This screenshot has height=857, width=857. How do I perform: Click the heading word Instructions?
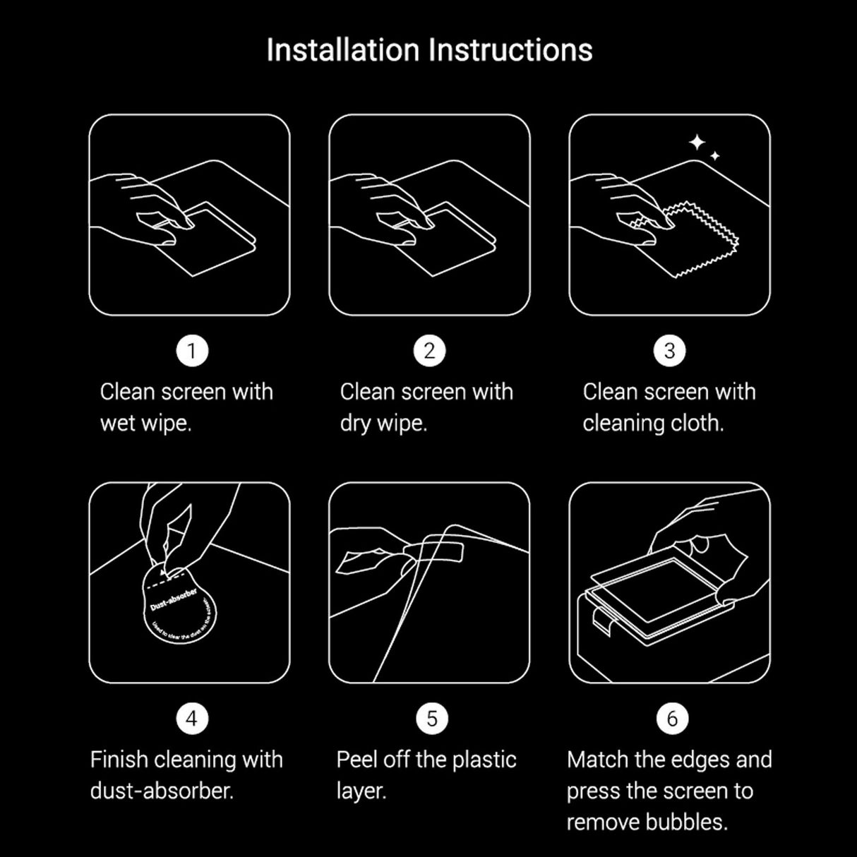[x=511, y=50]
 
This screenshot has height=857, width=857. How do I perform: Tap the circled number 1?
[x=191, y=351]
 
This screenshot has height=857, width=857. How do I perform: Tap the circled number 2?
[x=429, y=351]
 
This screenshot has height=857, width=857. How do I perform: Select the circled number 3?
[x=670, y=351]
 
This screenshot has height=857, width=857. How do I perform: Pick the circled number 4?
[x=191, y=719]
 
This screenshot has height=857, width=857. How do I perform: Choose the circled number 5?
[x=431, y=719]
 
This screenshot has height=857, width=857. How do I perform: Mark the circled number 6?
[x=671, y=719]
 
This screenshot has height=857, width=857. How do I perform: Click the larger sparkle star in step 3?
[x=697, y=143]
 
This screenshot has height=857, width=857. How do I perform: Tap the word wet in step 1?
[x=117, y=424]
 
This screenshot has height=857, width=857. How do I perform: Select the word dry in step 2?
[x=355, y=424]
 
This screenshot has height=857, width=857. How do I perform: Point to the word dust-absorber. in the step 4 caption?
[x=162, y=791]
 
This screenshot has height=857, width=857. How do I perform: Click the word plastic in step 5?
[x=484, y=760]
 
